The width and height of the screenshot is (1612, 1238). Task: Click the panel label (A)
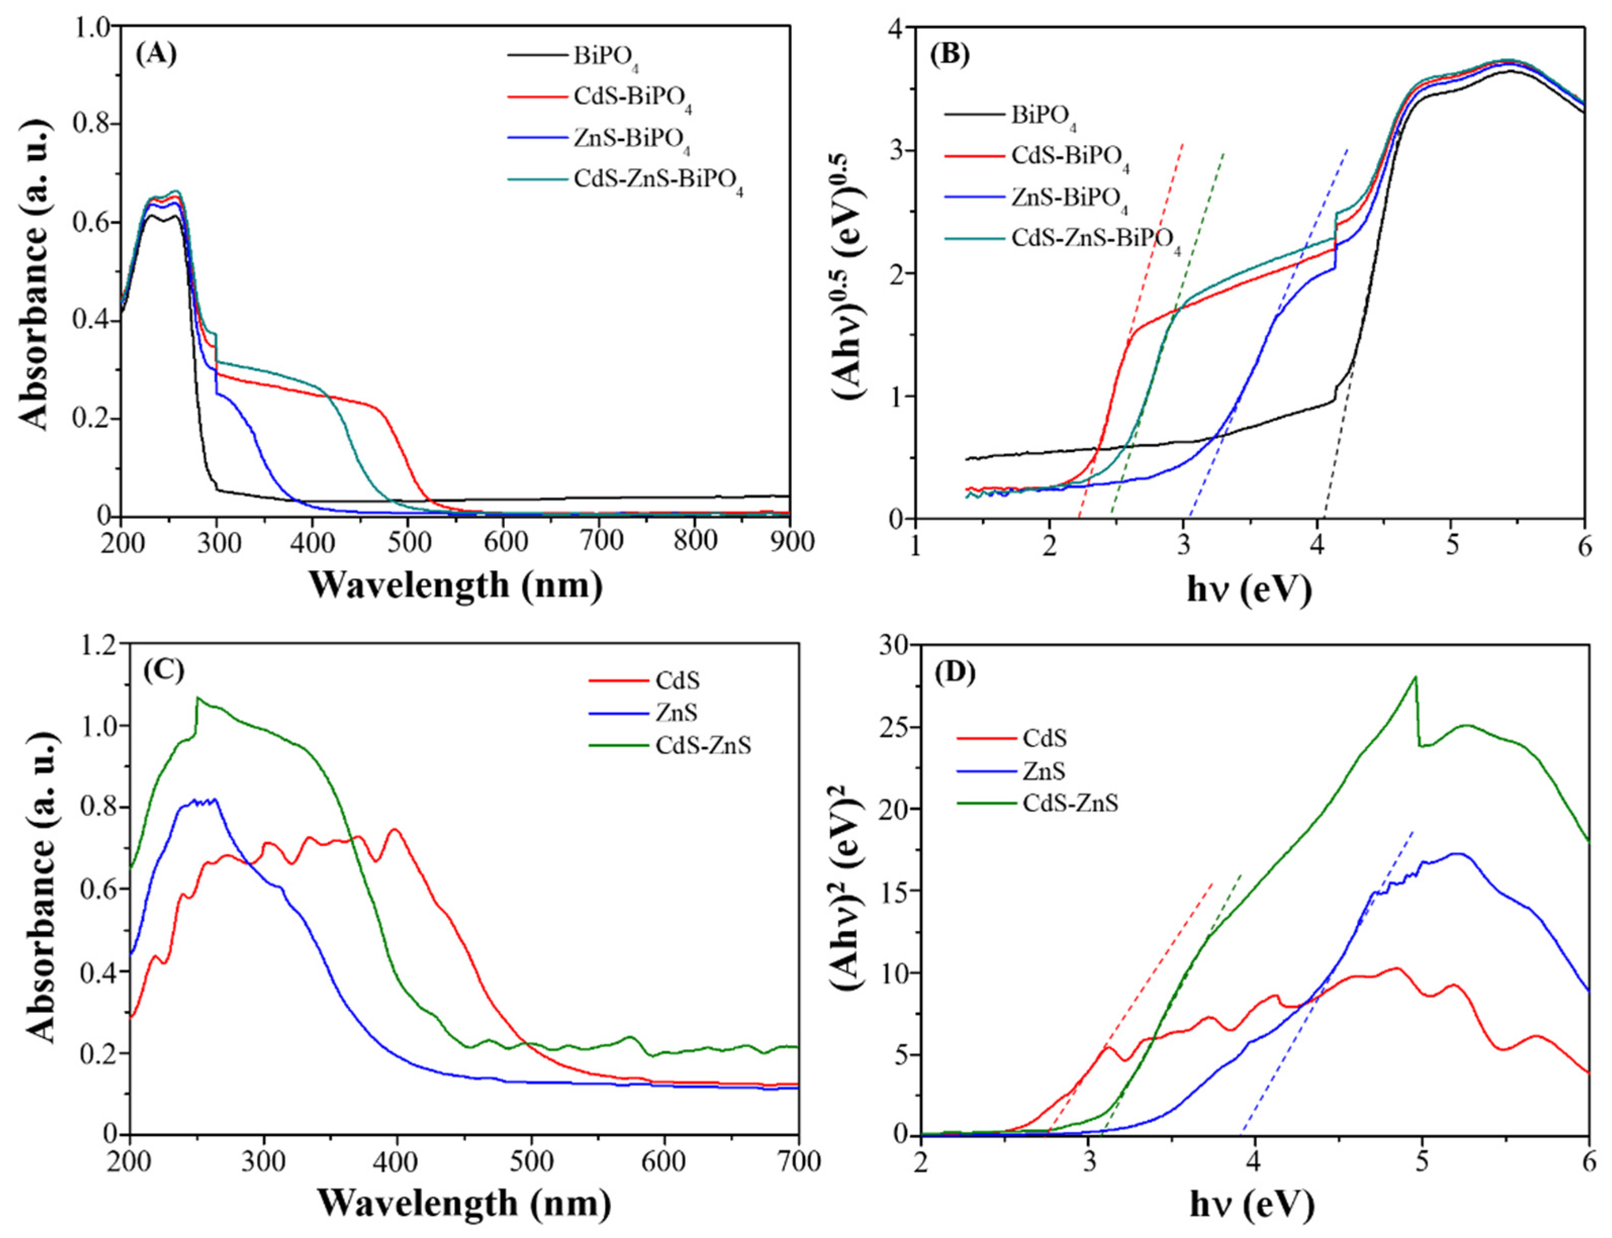pyautogui.click(x=156, y=55)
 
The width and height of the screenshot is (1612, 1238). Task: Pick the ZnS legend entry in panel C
pyautogui.click(x=676, y=713)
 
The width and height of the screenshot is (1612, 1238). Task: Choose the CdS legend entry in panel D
pyautogui.click(x=1045, y=737)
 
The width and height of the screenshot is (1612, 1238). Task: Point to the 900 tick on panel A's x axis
pyautogui.click(x=789, y=541)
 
